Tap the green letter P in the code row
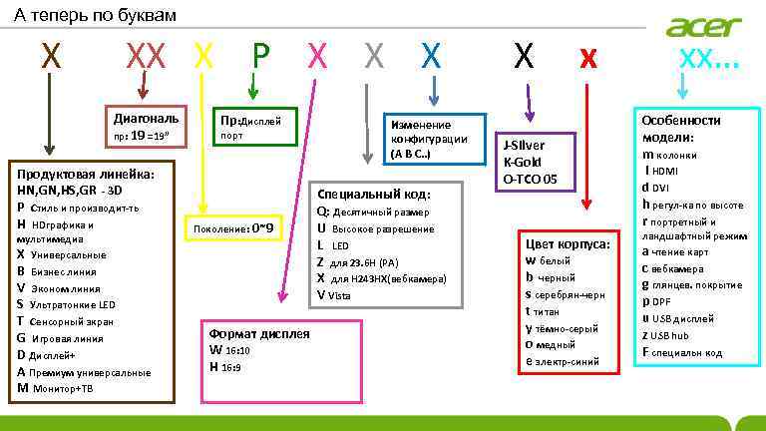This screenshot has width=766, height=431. point(260,57)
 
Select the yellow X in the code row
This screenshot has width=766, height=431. point(203,57)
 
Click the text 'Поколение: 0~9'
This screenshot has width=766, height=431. point(233,227)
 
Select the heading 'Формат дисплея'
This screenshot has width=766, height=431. point(259,333)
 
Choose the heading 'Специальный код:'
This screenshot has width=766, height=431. point(373,194)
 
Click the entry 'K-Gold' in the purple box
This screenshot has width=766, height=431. point(525,161)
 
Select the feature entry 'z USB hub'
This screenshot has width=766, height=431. point(673,335)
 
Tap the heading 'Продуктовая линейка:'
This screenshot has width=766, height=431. point(79,173)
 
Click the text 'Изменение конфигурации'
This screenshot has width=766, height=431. point(430,132)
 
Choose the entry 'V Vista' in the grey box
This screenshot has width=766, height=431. point(335,294)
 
